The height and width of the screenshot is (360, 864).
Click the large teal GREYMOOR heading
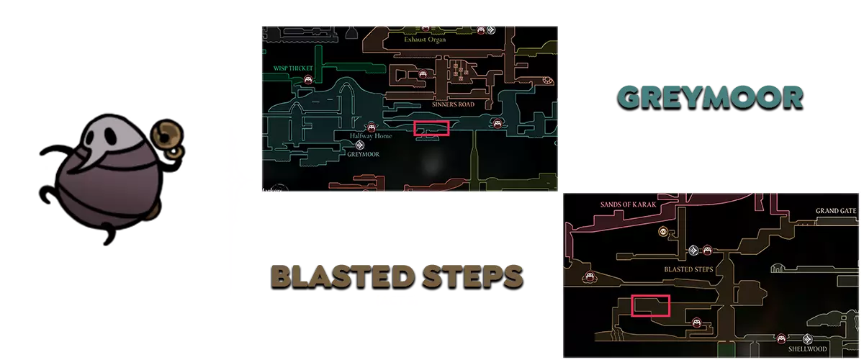tap(709, 98)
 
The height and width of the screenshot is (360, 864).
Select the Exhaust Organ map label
tap(425, 40)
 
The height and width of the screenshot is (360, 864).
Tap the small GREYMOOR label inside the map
tap(363, 153)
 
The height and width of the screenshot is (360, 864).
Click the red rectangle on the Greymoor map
tap(432, 128)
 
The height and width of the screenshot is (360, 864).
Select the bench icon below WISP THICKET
tap(309, 80)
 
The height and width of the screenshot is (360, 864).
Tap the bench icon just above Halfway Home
tap(372, 126)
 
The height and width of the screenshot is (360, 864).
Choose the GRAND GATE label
tap(835, 211)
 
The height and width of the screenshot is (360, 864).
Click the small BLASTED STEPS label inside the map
tap(688, 269)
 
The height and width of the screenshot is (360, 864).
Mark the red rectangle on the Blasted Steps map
tap(650, 305)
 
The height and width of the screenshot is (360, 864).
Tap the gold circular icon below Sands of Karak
tap(663, 232)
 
